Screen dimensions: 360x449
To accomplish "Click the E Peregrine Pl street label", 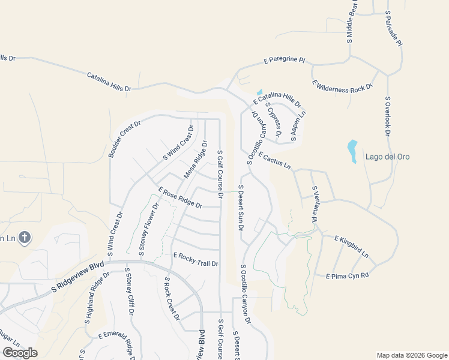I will (x=285, y=61).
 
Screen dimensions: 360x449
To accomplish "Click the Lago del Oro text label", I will (x=387, y=157).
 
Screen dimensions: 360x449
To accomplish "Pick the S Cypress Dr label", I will (x=273, y=120).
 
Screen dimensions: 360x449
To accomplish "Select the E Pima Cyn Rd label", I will (x=346, y=276).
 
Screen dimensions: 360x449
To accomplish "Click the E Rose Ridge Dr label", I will (x=180, y=197).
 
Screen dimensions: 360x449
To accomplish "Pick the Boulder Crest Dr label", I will (x=124, y=140).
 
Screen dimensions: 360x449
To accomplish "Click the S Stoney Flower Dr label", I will (x=148, y=229).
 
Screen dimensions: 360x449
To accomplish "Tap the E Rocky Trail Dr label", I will (x=195, y=259).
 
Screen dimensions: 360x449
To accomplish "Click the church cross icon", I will (x=25, y=238).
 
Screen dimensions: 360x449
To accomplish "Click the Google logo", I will (x=19, y=353).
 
